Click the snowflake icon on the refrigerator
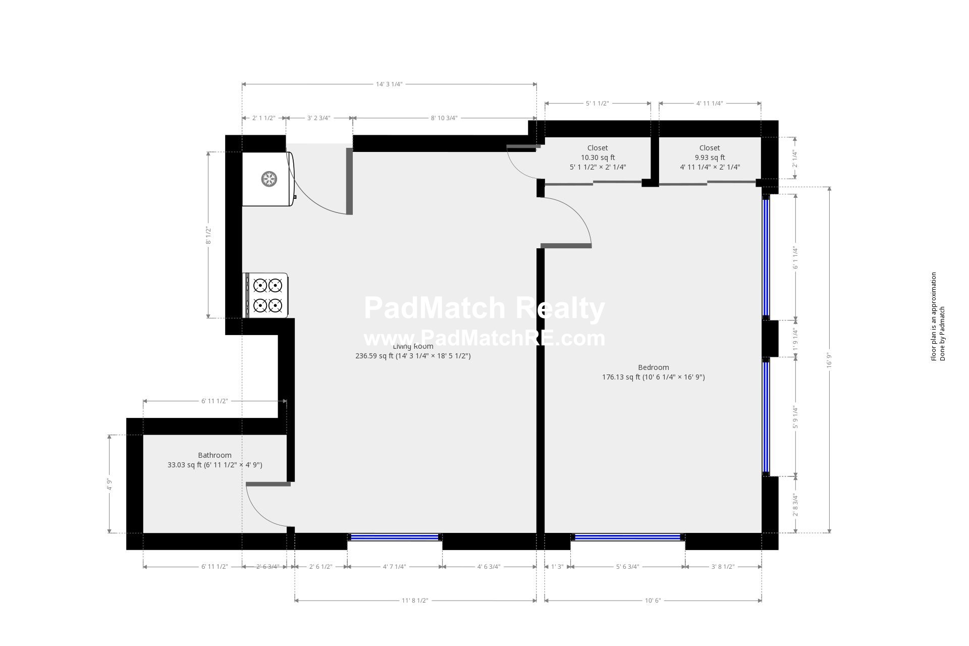click(x=269, y=179)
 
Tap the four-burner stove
click(x=267, y=295)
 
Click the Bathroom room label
click(x=214, y=455)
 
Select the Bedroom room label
click(x=653, y=367)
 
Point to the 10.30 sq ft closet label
click(x=598, y=157)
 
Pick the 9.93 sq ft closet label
click(x=710, y=157)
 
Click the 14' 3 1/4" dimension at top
click(x=389, y=84)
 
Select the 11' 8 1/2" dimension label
click(x=415, y=601)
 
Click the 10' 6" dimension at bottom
click(x=653, y=601)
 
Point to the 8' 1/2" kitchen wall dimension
click(x=208, y=235)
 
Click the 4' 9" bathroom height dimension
click(x=109, y=484)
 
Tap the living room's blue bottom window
click(x=395, y=537)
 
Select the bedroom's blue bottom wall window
click(x=628, y=537)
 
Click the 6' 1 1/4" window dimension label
click(x=795, y=258)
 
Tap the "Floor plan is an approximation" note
click(x=934, y=316)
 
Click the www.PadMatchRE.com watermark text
click(x=484, y=338)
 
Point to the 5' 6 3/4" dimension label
click(x=627, y=567)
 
